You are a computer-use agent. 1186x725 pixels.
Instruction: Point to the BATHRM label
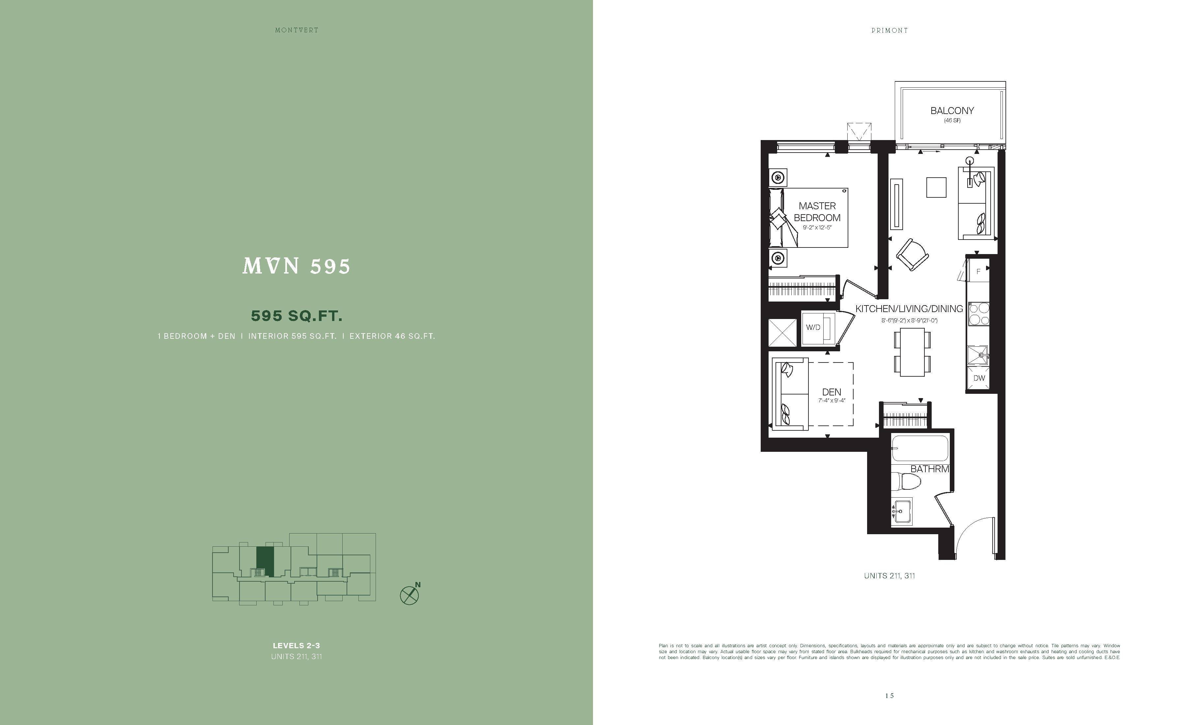pos(929,469)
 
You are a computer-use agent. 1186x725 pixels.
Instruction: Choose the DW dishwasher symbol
pos(979,378)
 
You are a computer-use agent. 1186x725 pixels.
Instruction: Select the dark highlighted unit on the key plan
pos(265,561)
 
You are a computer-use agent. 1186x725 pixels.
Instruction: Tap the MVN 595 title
pos(296,266)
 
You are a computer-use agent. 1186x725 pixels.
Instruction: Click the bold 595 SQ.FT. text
pos(296,316)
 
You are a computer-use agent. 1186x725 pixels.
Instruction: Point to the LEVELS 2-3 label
pos(296,646)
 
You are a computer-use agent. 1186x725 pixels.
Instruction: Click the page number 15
pos(889,696)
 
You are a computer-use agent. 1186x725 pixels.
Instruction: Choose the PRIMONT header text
pos(889,30)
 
